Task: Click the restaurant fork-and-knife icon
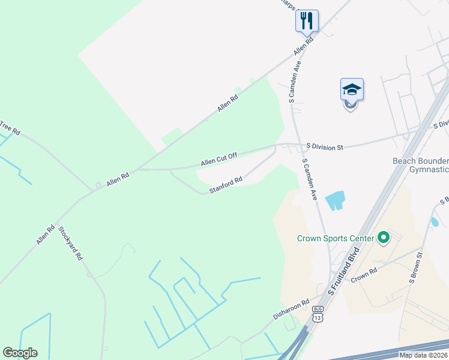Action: point(307,21)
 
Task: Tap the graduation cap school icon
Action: point(352,90)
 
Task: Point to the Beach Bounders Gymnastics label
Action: point(420,166)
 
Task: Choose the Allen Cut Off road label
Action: point(219,160)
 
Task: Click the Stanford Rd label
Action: point(226,184)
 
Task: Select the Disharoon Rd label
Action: point(291,309)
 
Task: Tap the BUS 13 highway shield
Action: point(318,314)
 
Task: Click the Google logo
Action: point(20,353)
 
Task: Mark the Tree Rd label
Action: point(10,127)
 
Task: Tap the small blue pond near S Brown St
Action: point(434,222)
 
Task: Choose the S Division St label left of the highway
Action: point(324,146)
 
